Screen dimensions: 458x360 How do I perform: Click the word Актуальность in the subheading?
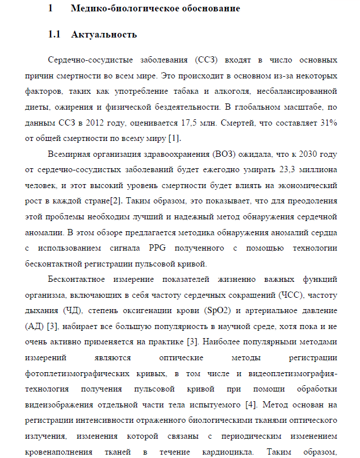click(x=104, y=34)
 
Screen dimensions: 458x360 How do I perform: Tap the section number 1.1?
click(x=55, y=34)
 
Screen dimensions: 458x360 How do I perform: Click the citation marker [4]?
click(x=250, y=406)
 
